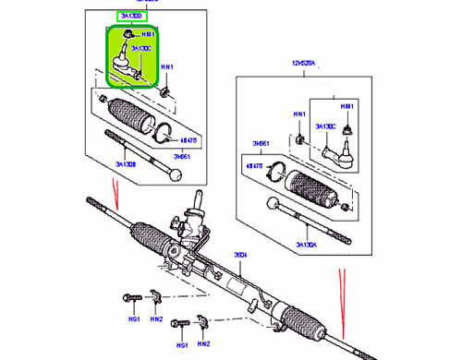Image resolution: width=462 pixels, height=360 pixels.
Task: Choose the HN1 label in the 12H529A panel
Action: (299, 114)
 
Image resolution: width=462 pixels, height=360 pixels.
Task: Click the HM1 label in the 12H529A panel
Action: (347, 108)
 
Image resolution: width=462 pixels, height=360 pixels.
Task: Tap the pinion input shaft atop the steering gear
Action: (199, 199)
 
